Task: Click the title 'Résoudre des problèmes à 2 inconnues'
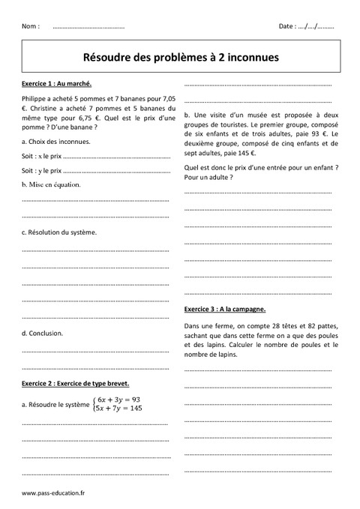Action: point(179,55)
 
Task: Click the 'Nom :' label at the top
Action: point(31,26)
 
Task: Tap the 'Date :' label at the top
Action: point(287,26)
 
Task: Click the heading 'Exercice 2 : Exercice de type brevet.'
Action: point(76,382)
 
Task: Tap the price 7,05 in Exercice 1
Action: point(169,98)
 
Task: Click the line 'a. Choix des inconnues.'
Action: point(56,142)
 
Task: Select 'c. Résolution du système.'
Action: point(59,232)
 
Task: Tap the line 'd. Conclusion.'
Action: point(43,333)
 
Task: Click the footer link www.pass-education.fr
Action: point(53,494)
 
